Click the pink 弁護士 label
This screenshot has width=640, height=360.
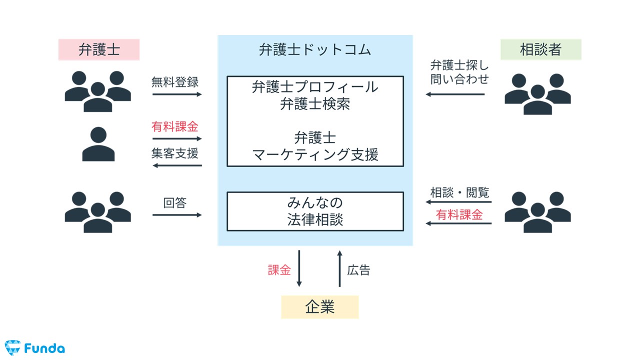(99, 49)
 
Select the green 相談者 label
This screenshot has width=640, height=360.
(540, 49)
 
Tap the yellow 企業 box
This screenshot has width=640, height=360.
(319, 307)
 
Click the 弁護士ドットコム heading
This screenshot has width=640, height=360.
(315, 50)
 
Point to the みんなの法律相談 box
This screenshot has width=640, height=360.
(315, 211)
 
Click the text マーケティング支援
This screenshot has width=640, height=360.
(315, 154)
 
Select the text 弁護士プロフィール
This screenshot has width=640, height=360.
(315, 87)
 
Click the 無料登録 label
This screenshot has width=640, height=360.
(175, 82)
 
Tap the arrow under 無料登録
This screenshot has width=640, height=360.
(177, 94)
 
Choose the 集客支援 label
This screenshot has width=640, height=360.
(175, 153)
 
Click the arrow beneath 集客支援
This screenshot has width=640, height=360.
(177, 165)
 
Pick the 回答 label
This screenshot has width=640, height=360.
(174, 202)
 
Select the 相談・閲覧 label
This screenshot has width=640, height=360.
(459, 192)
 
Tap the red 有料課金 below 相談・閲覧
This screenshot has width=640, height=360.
(459, 215)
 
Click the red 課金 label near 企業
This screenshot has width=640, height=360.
(279, 270)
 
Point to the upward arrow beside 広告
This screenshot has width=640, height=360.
(339, 268)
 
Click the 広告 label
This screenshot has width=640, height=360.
(358, 270)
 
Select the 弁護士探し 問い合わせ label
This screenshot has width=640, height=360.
(459, 72)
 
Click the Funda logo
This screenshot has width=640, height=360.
(34, 347)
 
